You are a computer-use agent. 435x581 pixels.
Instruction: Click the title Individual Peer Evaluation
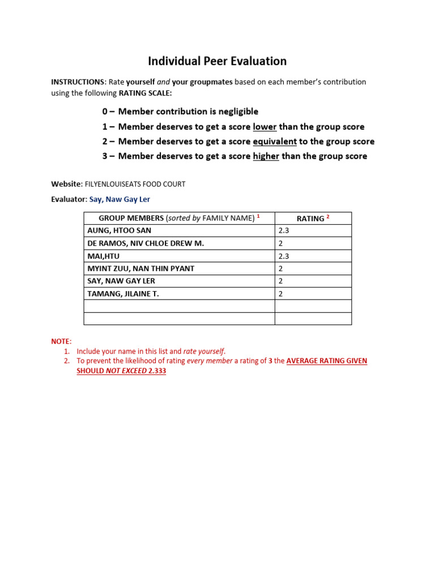pos(217,61)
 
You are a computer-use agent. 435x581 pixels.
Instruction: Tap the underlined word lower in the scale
pos(265,127)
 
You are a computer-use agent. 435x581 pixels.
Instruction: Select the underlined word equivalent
pos(275,141)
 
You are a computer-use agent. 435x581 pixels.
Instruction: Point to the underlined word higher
pos(266,156)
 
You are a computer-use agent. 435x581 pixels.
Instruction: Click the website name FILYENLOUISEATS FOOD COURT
pos(135,184)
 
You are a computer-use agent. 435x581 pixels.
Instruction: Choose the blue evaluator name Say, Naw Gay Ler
pos(120,199)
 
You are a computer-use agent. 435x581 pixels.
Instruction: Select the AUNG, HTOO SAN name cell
pos(119,231)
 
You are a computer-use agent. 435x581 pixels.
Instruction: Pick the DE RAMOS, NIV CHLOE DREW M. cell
pos(145,243)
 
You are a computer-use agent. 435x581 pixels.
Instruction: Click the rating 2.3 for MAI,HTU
pos(284,256)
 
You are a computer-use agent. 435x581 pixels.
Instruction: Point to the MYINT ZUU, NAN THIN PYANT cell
pos(139,268)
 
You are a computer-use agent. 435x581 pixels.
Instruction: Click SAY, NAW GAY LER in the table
pos(121,281)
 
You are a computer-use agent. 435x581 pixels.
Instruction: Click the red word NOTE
pos(61,342)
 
